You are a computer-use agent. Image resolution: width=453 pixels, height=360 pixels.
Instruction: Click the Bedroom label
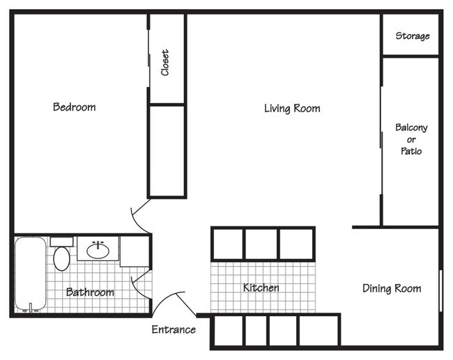point(74,107)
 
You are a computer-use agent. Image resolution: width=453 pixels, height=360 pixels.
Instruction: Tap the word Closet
point(165,62)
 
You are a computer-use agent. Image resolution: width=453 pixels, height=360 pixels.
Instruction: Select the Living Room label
point(292,108)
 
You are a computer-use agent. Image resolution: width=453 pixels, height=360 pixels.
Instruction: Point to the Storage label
point(413,36)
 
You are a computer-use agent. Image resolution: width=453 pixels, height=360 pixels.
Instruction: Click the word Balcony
point(411,127)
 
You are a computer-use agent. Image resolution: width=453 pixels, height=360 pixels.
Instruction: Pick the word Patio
point(411,150)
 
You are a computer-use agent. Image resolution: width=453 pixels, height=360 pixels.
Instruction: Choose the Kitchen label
point(261,288)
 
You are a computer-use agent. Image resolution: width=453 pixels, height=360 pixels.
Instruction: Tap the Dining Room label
point(392,288)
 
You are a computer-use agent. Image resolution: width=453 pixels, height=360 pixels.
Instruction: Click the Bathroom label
point(90,292)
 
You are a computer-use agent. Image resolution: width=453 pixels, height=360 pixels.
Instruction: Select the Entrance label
point(174,329)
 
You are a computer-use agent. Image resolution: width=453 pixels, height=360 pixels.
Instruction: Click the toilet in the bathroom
point(61,257)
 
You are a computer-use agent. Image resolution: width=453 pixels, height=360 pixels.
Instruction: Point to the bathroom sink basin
point(98,249)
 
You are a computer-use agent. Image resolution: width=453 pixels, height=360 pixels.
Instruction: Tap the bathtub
point(30,276)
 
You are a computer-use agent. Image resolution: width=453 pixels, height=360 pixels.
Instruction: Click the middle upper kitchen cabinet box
point(261,244)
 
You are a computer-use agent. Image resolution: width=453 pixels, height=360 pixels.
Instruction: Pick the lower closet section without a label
point(167,150)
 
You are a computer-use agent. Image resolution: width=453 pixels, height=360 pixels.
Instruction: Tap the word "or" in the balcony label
point(411,139)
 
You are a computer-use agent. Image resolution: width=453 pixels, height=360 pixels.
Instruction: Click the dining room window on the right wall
point(440,290)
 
